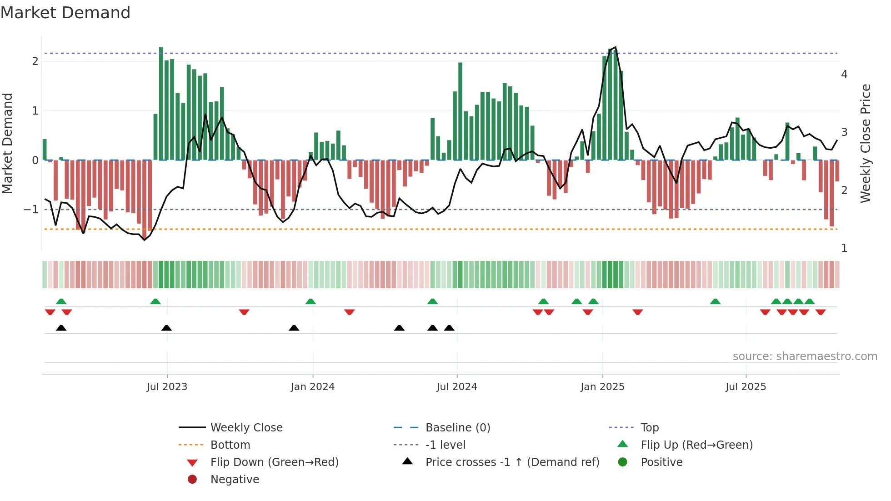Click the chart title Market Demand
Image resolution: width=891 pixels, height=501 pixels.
point(65,13)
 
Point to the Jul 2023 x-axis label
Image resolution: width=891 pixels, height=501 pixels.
point(167,387)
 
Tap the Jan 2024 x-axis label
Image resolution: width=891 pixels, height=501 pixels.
point(313,387)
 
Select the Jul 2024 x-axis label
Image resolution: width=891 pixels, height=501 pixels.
point(457,387)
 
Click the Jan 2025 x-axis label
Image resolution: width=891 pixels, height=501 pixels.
point(602,387)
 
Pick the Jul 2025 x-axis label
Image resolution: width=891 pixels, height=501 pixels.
point(746,387)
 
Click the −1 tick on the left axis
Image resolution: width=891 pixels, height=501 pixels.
point(31,210)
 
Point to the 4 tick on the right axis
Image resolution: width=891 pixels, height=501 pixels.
point(844,75)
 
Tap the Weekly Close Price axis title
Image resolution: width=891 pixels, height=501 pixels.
point(866,143)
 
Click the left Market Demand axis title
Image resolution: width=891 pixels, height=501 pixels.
point(8,143)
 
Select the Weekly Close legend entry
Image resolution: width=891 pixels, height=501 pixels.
point(246,428)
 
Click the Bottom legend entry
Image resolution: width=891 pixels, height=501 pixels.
point(230,445)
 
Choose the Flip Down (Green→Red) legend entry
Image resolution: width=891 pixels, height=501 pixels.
point(274,462)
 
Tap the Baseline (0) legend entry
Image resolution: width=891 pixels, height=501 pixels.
point(458,428)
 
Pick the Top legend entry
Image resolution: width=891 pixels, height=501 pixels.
point(650,428)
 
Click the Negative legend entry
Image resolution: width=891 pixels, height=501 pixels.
point(235,480)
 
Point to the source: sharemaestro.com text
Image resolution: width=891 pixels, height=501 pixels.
point(805,356)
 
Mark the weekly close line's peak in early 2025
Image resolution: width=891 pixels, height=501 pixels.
point(615,47)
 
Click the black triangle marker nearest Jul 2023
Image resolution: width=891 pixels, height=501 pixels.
point(166,328)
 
